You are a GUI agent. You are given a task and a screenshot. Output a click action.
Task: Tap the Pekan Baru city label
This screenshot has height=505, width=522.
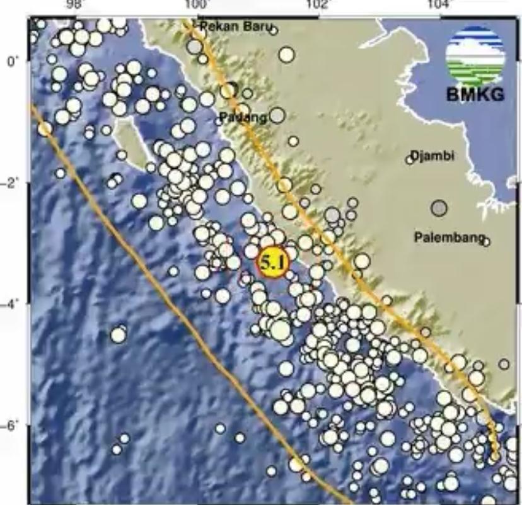tap(234, 26)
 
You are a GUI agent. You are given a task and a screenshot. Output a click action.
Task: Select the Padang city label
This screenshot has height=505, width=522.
tap(243, 117)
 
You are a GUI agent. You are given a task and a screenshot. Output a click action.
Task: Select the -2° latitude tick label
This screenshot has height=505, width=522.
tap(13, 183)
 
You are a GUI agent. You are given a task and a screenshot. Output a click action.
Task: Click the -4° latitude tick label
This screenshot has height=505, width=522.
tap(13, 304)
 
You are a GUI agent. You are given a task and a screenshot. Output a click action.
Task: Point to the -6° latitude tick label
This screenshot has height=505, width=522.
tap(13, 426)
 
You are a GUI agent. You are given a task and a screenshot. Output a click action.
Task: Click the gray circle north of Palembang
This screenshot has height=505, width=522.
tap(439, 207)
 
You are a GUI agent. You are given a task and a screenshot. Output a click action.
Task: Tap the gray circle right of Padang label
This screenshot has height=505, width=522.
tap(277, 116)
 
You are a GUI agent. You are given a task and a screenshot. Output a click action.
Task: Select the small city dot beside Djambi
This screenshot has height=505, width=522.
tap(409, 160)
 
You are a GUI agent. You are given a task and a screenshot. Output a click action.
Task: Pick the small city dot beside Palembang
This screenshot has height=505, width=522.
tap(486, 240)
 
